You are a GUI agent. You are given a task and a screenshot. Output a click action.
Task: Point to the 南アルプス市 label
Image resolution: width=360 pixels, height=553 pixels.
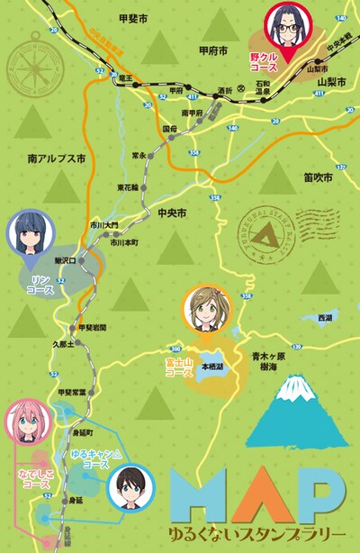coord(56,158)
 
